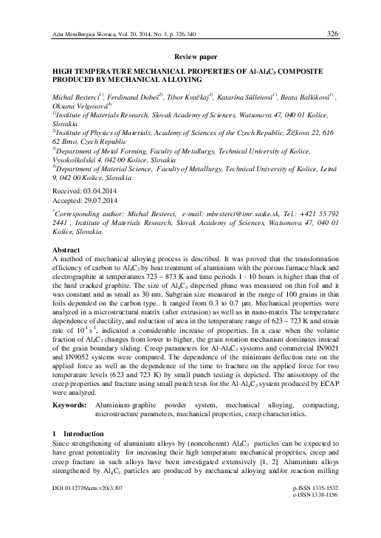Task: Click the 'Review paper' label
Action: [x=190, y=56]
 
